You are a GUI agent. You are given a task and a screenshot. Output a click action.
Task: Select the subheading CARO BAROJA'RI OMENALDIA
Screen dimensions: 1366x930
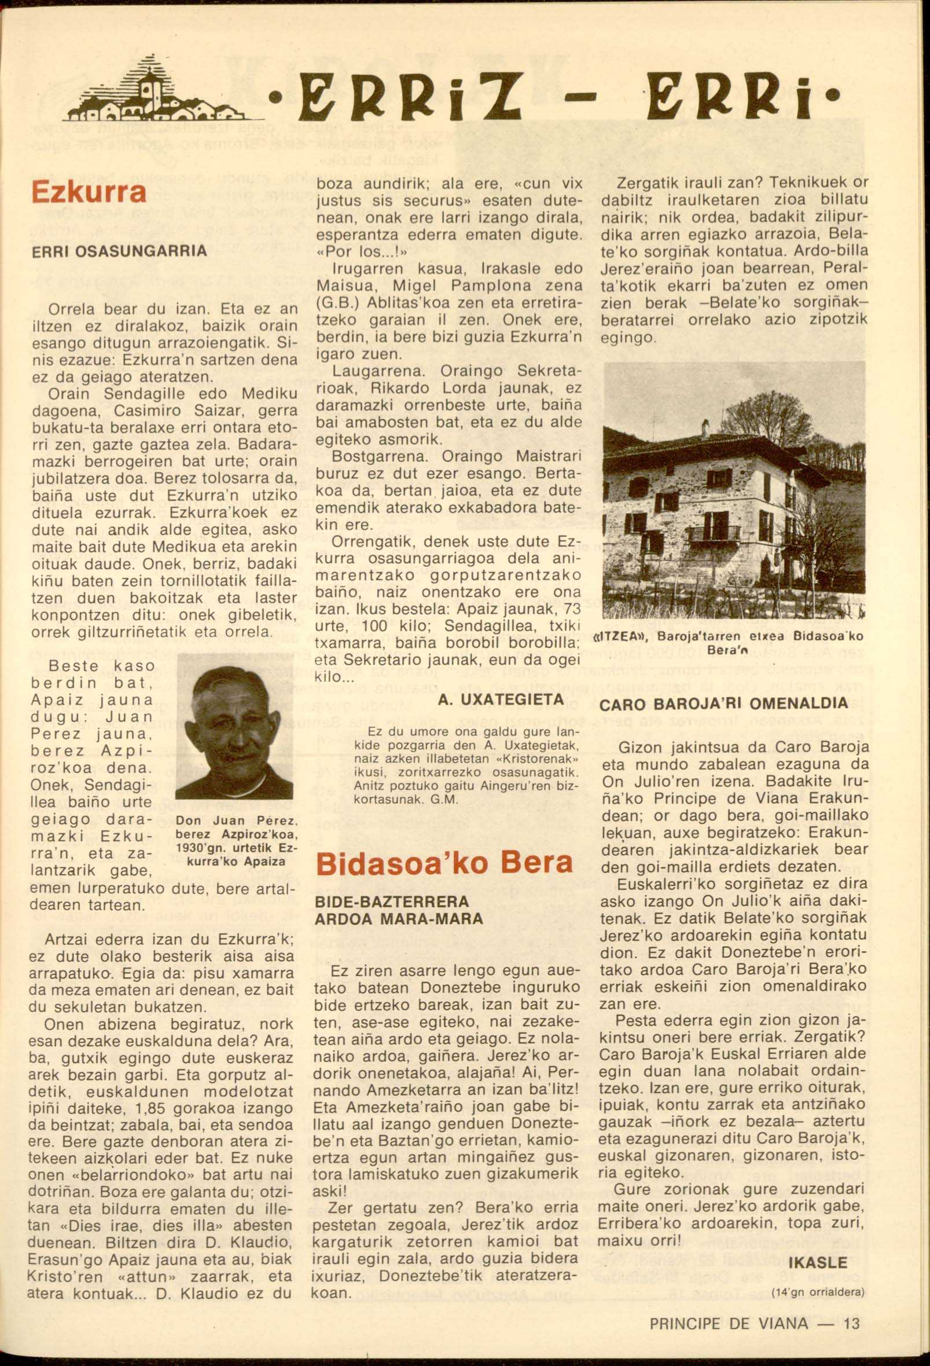[x=723, y=703]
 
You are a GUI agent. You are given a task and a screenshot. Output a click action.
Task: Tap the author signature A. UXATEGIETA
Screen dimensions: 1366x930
[x=501, y=700]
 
